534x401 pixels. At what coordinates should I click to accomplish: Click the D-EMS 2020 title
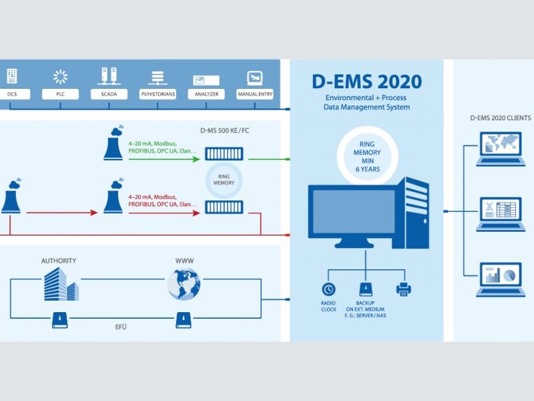[366, 82]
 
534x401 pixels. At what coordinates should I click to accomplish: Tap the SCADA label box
[109, 94]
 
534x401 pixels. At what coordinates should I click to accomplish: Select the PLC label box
[61, 94]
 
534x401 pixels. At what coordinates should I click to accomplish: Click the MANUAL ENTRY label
[255, 94]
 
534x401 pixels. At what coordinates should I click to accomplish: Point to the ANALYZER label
[206, 94]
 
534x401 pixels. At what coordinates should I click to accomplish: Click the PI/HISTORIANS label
[158, 94]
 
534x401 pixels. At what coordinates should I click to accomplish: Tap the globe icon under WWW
[184, 284]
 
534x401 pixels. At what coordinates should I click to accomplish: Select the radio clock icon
[328, 289]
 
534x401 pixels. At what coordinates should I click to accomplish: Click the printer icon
[404, 289]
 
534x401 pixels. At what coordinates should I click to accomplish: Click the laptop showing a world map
[500, 148]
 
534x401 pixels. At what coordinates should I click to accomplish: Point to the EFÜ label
[121, 327]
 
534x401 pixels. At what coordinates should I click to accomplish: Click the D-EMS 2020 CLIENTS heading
[500, 118]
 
